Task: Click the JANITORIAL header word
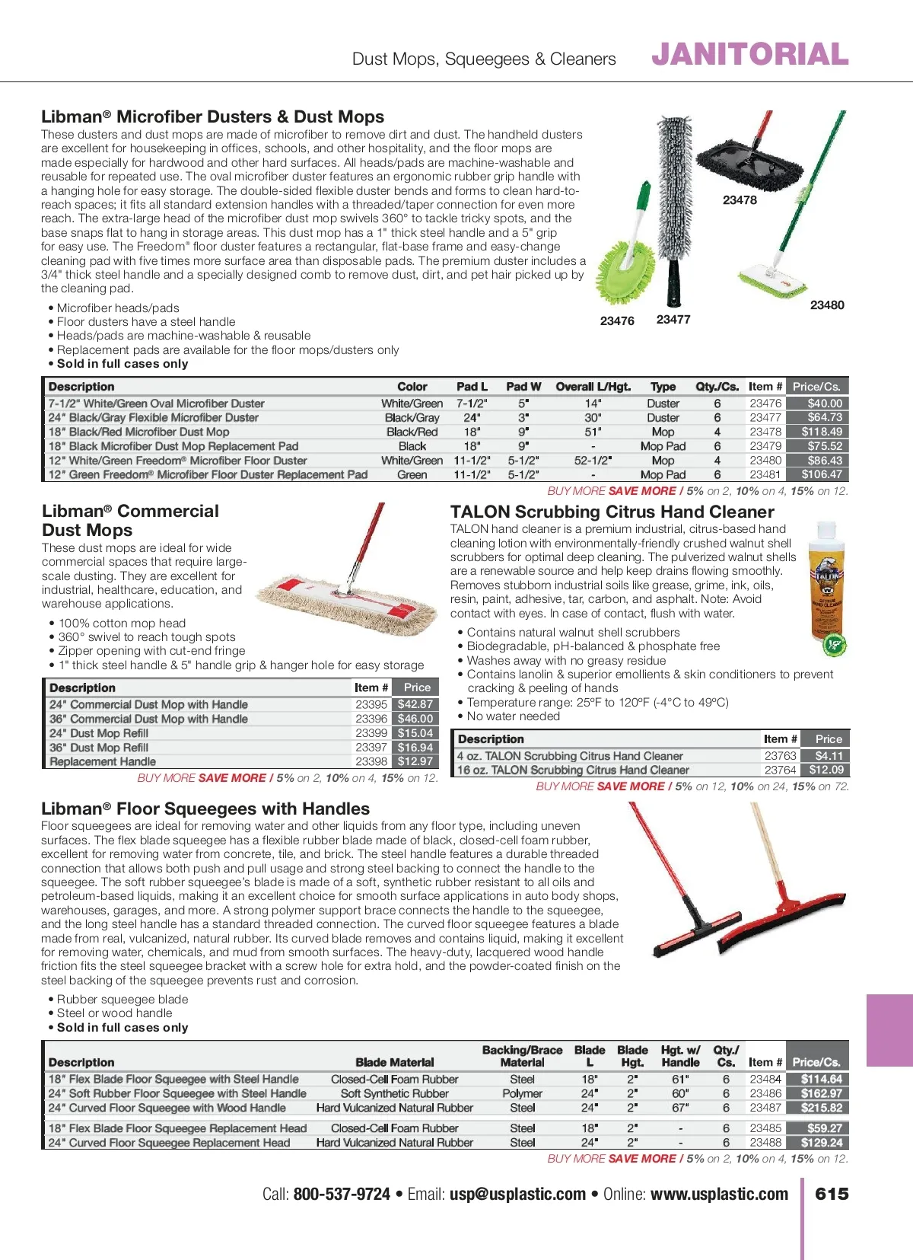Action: (749, 55)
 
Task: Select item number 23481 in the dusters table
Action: (765, 474)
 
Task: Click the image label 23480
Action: (826, 305)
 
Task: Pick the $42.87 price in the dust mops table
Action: (415, 704)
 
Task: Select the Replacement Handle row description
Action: (103, 761)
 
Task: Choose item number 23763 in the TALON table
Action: (780, 756)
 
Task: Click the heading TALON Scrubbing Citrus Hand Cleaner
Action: (612, 512)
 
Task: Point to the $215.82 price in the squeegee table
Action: (821, 1108)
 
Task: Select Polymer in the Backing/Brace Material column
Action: (522, 1093)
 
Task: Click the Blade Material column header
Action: (394, 1062)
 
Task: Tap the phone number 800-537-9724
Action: (342, 1195)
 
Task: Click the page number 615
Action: (832, 1194)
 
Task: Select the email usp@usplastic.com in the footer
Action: (517, 1195)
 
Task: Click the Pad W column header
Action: (523, 387)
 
